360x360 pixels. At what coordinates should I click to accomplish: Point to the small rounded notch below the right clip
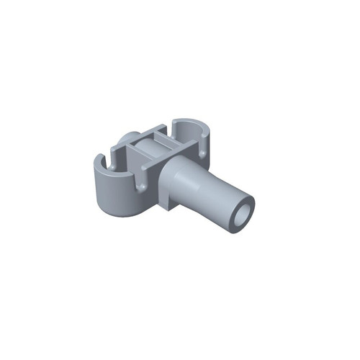click(203, 152)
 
